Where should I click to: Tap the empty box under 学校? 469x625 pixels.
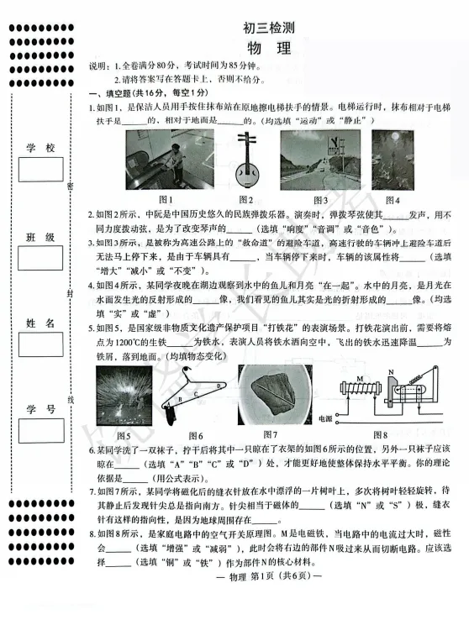click(x=41, y=170)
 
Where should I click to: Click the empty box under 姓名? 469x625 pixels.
click(x=41, y=344)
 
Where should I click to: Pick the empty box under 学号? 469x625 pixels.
click(x=41, y=430)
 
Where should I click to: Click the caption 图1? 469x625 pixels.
click(x=166, y=199)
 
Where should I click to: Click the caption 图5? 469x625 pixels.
click(x=124, y=435)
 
